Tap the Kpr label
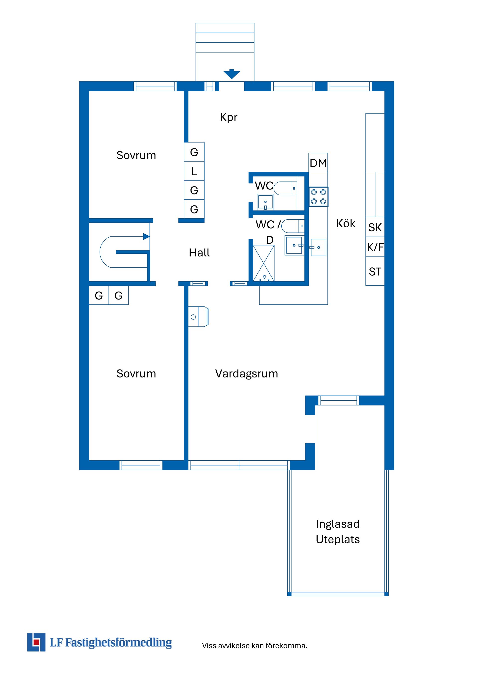coord(229,117)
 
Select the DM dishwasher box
coord(318,163)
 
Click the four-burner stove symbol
coord(318,197)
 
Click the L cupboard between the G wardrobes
coord(194,171)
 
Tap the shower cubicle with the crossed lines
coord(263,263)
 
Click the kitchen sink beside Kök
coord(318,247)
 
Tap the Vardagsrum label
coord(246,374)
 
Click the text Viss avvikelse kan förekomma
coord(255,646)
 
